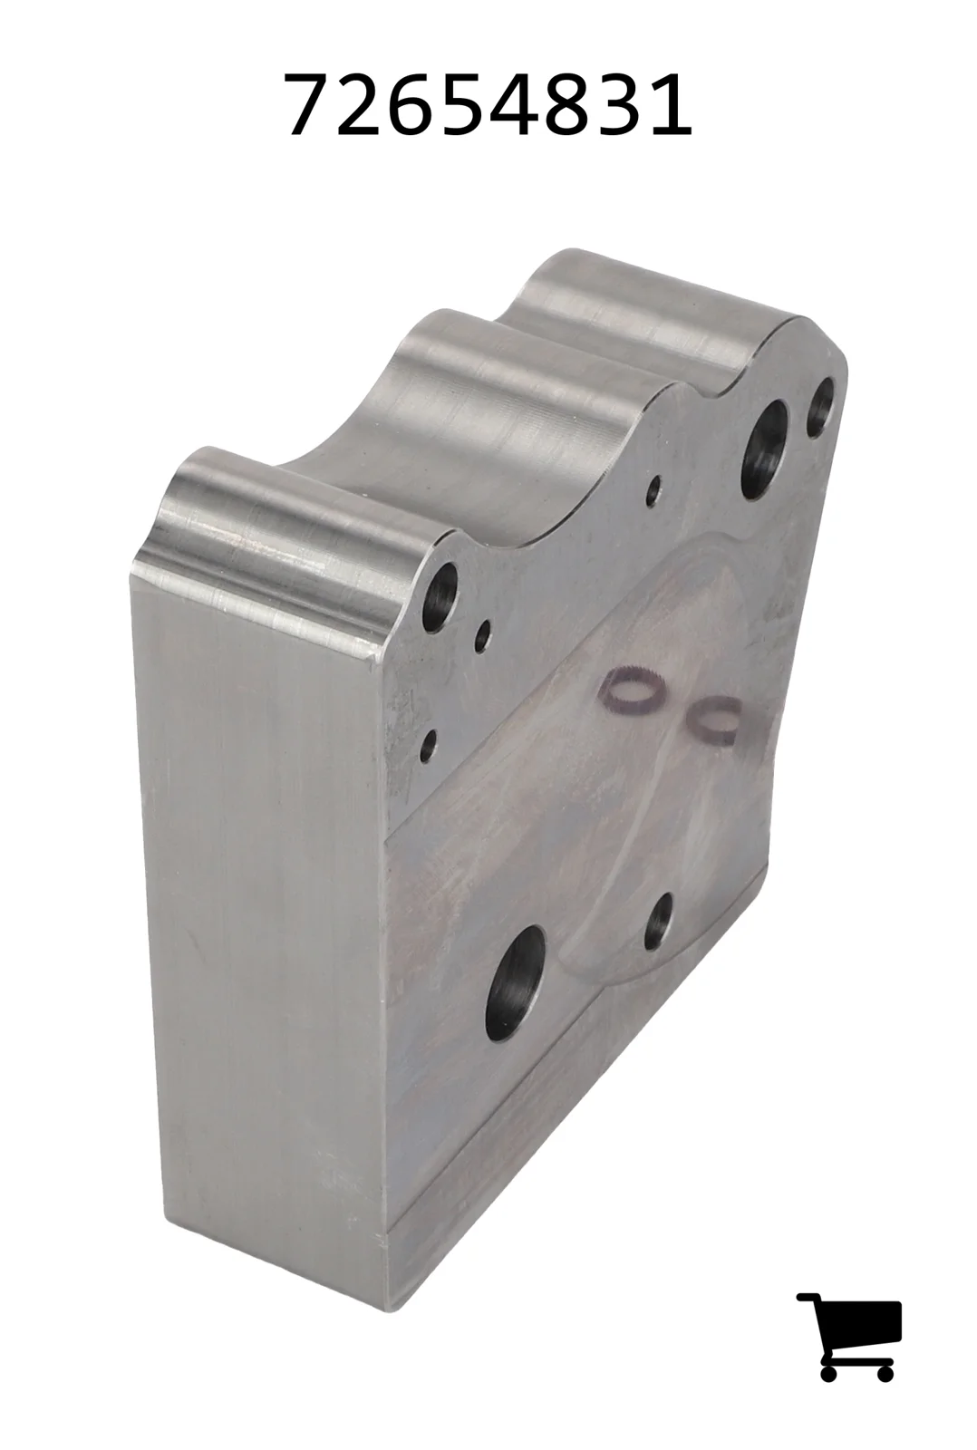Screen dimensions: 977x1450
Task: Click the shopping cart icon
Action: [x=849, y=1326]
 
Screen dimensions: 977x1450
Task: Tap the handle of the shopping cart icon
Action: [x=809, y=1297]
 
